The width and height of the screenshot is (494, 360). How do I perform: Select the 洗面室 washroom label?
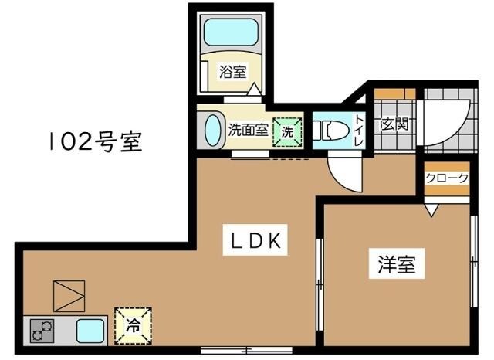[x=247, y=130]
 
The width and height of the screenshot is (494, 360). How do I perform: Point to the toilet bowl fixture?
[x=330, y=130]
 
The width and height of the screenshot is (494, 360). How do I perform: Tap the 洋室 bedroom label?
[x=397, y=264]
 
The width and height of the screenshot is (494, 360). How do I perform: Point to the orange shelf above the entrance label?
[x=394, y=94]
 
